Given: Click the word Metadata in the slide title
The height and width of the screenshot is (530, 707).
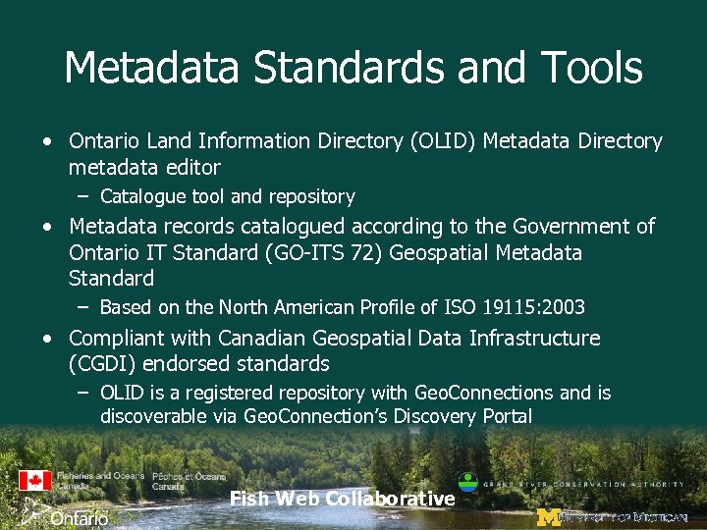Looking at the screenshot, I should coord(151,68).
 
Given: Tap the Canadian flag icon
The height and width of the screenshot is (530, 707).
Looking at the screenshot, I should coord(34,481).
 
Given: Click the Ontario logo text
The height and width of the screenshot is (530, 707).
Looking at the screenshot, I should coord(79,517).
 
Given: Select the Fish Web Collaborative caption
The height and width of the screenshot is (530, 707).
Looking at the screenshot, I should coord(342,499).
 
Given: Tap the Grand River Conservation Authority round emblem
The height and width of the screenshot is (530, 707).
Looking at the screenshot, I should coord(468,483).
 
